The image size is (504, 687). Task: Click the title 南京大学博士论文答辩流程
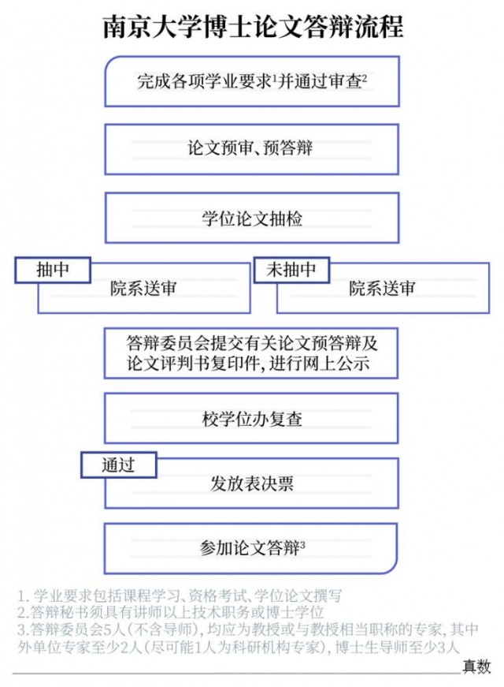(x=253, y=27)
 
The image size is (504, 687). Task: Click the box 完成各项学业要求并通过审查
(x=252, y=81)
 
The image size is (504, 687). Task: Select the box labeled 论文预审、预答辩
(x=251, y=149)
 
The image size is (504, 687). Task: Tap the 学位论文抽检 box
(x=252, y=218)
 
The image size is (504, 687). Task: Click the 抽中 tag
(x=53, y=270)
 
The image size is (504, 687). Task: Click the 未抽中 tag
(x=291, y=270)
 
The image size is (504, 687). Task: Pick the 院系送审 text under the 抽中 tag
(x=143, y=289)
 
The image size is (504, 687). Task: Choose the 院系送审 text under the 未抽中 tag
(x=382, y=289)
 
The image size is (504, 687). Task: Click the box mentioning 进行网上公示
(x=251, y=353)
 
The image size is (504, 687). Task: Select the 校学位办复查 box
(x=251, y=418)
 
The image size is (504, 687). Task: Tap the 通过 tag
(x=119, y=465)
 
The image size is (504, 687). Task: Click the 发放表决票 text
(x=251, y=484)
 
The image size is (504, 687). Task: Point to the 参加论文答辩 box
(x=250, y=548)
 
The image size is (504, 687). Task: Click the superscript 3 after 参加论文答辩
(x=302, y=543)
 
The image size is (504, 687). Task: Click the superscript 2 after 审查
(x=365, y=77)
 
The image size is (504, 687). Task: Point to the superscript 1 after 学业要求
(x=274, y=77)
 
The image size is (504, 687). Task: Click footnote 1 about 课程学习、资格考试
(x=180, y=596)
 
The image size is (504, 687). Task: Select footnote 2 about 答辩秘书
(x=171, y=613)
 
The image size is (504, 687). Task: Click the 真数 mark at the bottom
(x=477, y=666)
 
